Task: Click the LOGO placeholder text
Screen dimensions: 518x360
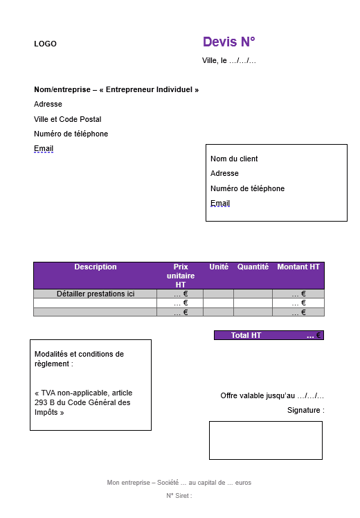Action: (x=45, y=44)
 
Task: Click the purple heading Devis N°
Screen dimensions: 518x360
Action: (x=229, y=42)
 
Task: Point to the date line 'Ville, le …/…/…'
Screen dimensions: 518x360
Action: (x=229, y=60)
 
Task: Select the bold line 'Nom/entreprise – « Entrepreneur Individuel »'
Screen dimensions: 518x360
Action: (x=116, y=89)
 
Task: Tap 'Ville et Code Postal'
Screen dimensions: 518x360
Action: (x=68, y=119)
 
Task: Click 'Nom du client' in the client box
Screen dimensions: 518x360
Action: (x=234, y=159)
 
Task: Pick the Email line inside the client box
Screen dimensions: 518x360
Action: (x=220, y=203)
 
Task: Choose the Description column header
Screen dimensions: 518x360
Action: (x=96, y=267)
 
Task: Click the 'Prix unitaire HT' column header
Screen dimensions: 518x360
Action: (x=181, y=275)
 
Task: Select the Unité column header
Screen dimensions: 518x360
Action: (x=219, y=267)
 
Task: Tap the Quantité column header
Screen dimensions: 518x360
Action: (x=253, y=267)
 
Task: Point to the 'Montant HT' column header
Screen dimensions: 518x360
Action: (x=298, y=267)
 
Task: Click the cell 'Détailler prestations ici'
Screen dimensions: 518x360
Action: (x=96, y=294)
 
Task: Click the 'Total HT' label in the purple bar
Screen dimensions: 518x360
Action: (x=246, y=335)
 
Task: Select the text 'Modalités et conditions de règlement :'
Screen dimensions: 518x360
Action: (x=79, y=358)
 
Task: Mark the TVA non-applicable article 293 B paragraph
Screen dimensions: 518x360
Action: (x=82, y=402)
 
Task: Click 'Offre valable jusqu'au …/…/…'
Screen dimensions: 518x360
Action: (x=272, y=395)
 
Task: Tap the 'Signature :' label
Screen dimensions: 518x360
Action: (x=305, y=410)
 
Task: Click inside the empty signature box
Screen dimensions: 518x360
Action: (x=266, y=440)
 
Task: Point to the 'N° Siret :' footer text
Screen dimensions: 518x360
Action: (x=179, y=495)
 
